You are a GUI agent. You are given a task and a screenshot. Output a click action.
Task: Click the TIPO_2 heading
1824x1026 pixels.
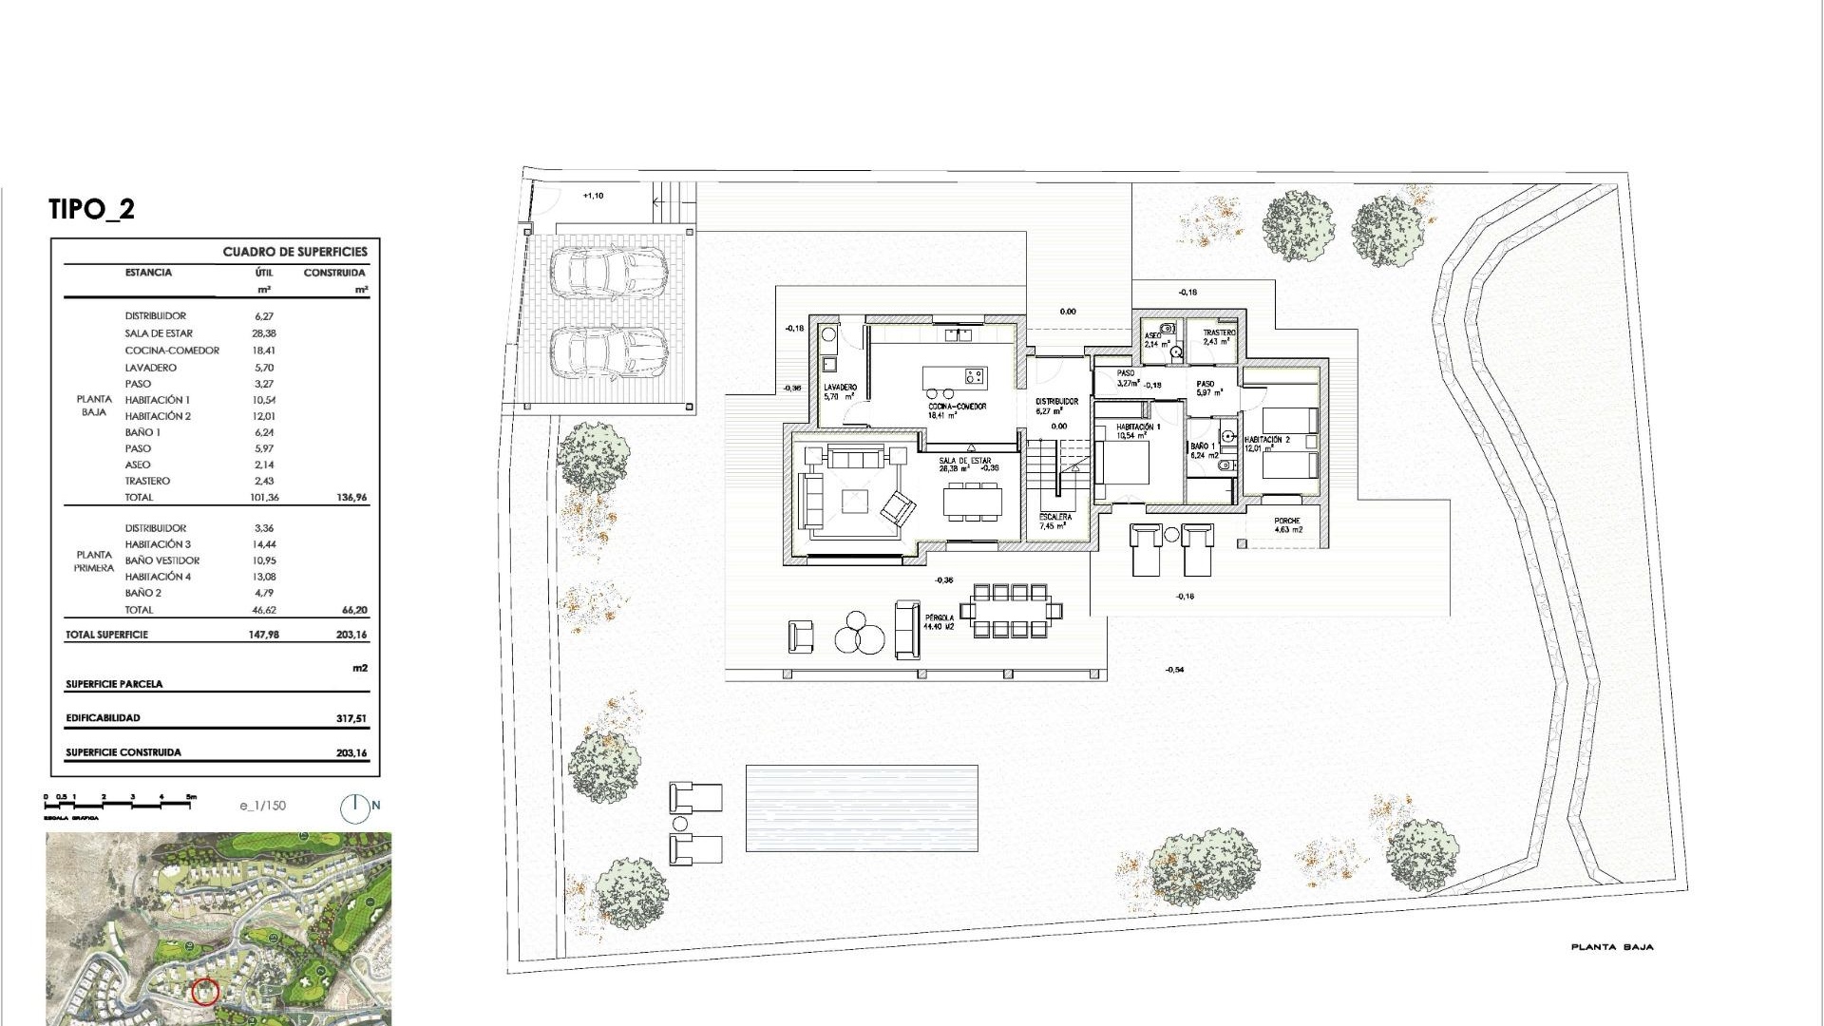[92, 209]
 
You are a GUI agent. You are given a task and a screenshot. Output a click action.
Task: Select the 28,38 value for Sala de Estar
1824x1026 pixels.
[263, 333]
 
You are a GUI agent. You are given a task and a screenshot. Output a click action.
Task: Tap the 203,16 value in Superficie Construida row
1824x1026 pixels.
[351, 752]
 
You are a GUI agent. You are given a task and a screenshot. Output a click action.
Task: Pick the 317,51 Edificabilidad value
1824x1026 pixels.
[351, 718]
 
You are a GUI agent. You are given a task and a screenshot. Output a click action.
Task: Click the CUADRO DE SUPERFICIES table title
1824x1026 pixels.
[294, 252]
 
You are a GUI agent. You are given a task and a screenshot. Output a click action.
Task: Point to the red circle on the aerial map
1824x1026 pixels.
[205, 992]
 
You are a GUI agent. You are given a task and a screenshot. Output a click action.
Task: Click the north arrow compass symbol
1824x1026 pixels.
[354, 807]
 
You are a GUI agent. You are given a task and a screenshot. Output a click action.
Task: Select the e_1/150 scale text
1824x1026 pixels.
[263, 806]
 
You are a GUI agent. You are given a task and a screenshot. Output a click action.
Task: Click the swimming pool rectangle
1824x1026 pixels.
[862, 808]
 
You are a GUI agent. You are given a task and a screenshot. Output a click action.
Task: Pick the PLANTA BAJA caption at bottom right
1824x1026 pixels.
[1612, 947]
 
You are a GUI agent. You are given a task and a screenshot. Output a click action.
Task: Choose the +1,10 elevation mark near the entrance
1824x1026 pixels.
[593, 196]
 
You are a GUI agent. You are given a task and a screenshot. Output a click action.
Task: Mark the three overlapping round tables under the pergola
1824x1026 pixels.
[860, 636]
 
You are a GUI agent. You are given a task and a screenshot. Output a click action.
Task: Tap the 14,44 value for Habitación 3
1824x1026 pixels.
[263, 544]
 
